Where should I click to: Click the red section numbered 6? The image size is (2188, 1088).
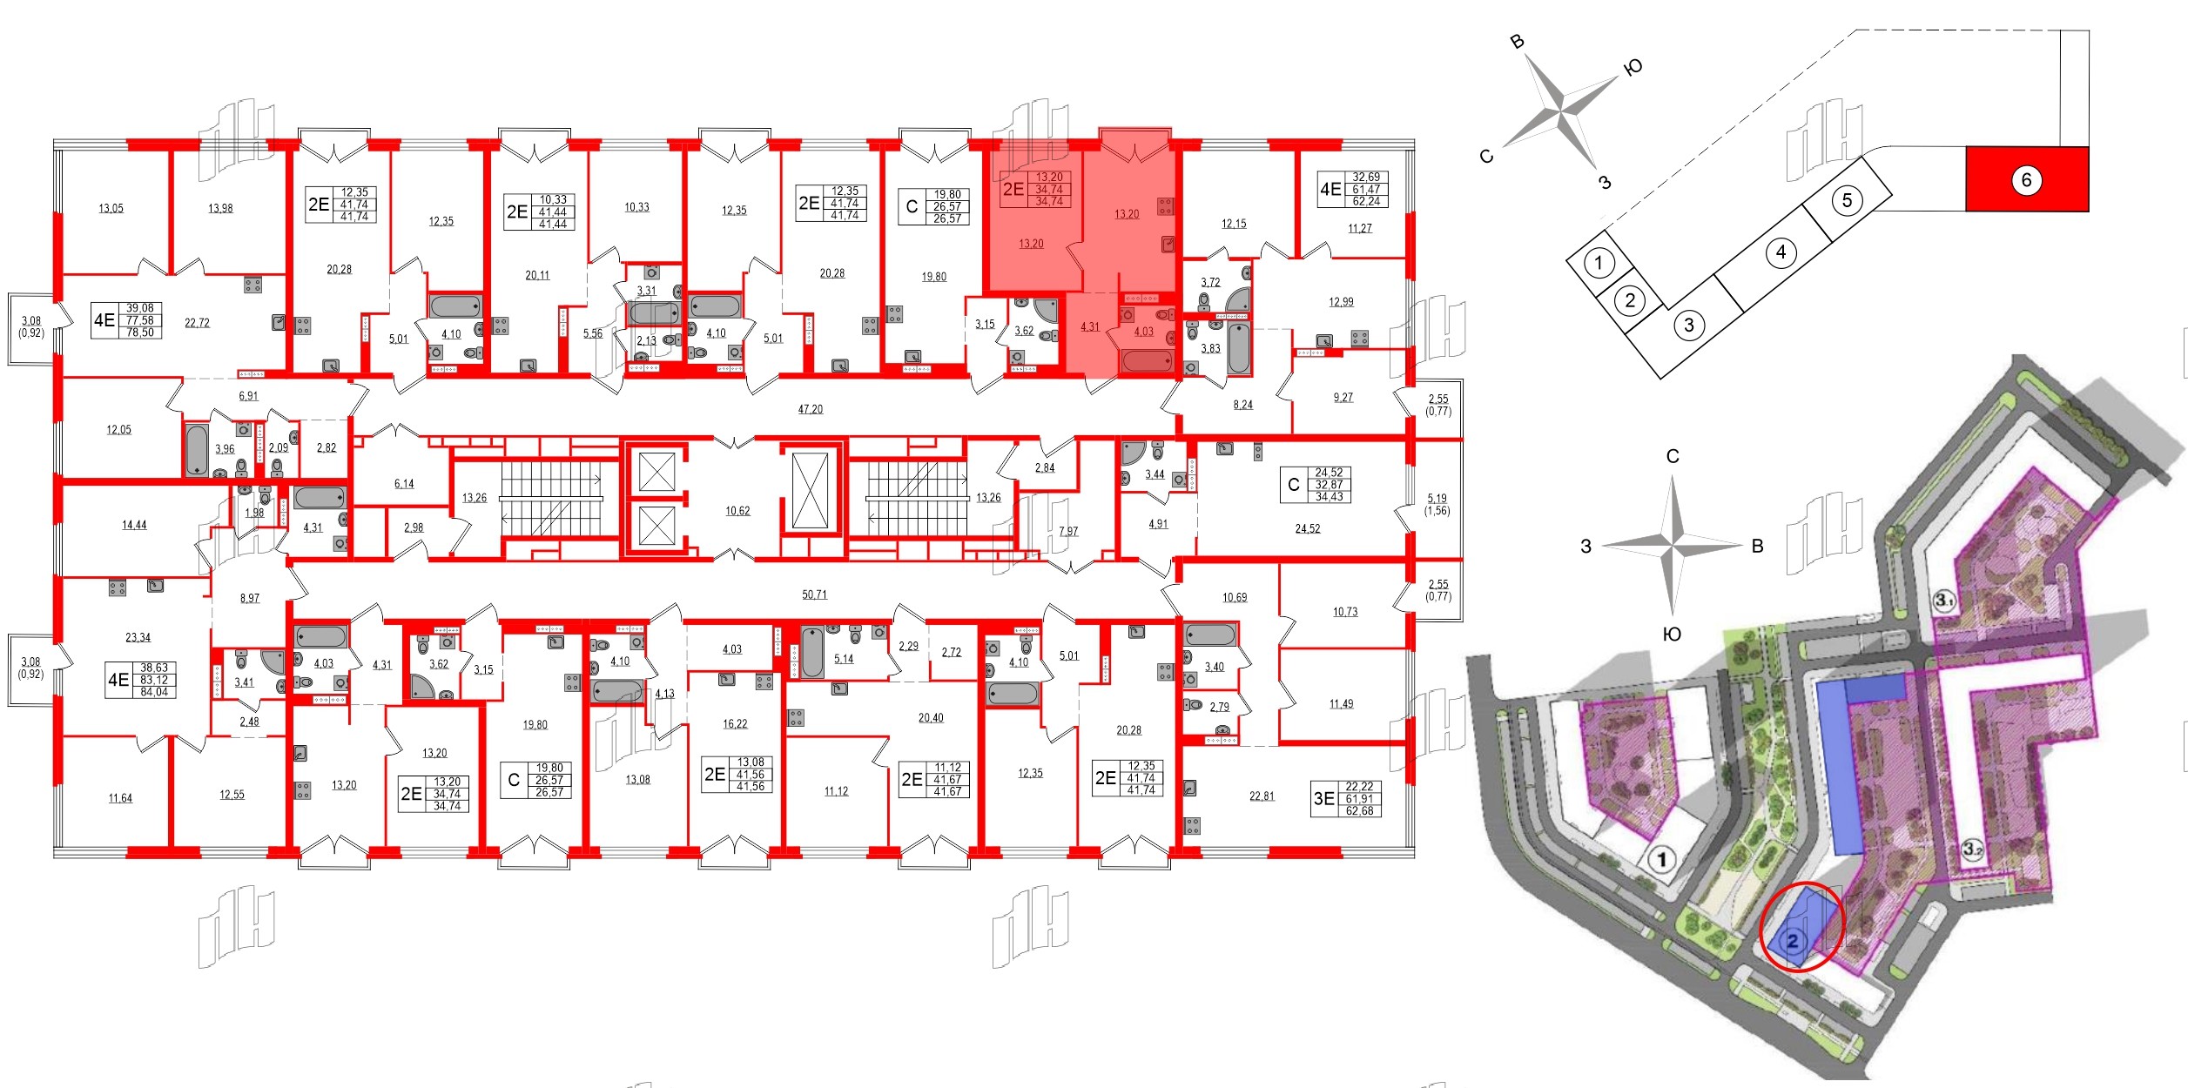click(2026, 179)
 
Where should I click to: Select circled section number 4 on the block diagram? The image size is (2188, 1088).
click(1781, 252)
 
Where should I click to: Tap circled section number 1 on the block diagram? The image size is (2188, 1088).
click(1598, 262)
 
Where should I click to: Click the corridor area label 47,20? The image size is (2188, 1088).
click(810, 409)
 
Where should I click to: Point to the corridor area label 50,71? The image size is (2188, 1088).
click(814, 594)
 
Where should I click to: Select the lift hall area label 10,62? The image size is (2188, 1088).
click(737, 511)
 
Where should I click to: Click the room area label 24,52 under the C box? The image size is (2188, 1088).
click(1307, 528)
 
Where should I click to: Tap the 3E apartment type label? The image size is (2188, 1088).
click(1323, 798)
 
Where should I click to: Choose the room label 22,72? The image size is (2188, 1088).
click(197, 323)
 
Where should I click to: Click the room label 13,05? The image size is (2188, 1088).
click(111, 209)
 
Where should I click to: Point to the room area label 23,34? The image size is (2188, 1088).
click(138, 638)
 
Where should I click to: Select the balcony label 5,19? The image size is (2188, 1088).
click(1437, 500)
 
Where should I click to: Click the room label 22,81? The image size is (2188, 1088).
click(1261, 796)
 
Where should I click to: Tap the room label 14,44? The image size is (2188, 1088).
click(134, 526)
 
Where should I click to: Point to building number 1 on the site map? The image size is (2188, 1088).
click(1662, 861)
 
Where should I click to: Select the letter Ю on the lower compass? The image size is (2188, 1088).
click(1672, 635)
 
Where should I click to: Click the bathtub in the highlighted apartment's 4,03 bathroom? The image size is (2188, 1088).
click(1147, 361)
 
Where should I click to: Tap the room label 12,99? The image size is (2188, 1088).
click(1341, 303)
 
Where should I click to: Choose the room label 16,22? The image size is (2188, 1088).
click(734, 724)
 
